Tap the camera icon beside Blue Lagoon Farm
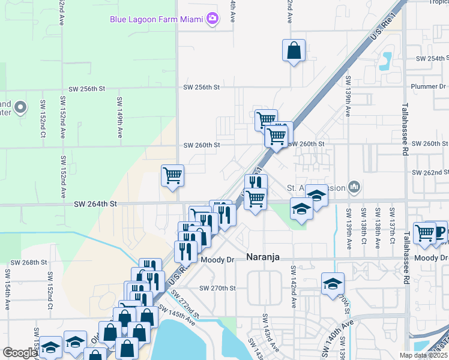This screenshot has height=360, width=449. click(x=212, y=19)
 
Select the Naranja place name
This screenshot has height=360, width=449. click(x=265, y=257)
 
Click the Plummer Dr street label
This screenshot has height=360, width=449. click(x=429, y=86)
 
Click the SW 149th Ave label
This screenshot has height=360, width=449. click(x=119, y=118)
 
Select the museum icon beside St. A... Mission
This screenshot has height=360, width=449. click(x=354, y=188)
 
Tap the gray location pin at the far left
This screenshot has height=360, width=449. click(x=20, y=107)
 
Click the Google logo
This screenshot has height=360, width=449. click(x=20, y=353)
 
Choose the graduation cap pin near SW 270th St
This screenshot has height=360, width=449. click(x=333, y=284)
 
